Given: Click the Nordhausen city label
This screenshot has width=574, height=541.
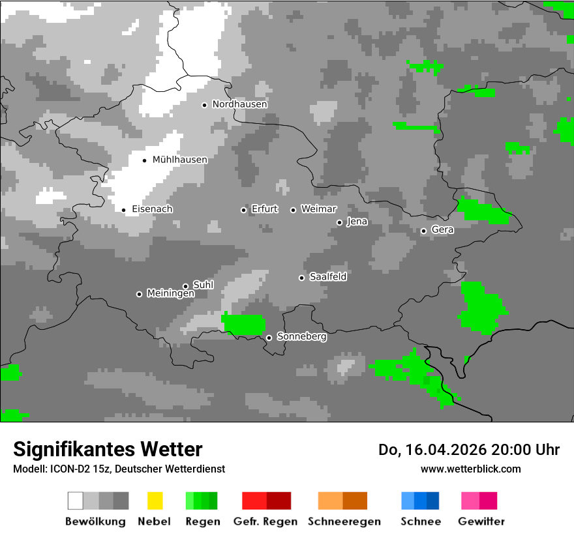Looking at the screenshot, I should click(239, 104).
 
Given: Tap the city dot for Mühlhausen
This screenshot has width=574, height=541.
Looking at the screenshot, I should click(145, 160).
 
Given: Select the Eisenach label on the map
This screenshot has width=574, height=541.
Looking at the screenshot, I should click(152, 209).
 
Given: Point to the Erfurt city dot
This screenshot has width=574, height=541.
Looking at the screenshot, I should click(244, 210).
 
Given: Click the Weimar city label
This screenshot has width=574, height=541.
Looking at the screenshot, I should click(318, 209).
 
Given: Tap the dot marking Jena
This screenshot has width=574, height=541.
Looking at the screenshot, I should click(339, 222).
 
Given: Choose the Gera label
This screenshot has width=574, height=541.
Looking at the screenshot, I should click(442, 230).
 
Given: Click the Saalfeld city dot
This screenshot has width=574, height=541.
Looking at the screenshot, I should click(301, 278).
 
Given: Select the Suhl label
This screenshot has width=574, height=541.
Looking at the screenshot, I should click(203, 285).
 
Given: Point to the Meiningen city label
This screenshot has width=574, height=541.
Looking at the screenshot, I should click(170, 294).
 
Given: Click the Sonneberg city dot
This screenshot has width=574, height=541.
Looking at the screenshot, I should click(269, 338).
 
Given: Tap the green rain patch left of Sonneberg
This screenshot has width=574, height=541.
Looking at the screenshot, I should click(244, 323).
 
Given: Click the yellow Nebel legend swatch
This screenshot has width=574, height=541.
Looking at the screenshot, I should click(155, 501).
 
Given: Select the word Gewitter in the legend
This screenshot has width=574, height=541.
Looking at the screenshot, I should click(481, 521).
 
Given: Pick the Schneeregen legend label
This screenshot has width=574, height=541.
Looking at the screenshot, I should click(344, 521).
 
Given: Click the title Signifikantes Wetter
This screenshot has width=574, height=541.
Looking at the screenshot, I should click(108, 449).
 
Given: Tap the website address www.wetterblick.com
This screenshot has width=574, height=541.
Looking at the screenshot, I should click(470, 469).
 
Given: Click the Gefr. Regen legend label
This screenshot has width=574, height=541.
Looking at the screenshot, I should click(265, 521).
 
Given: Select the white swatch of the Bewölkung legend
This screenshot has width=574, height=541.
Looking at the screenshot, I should click(76, 501).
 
